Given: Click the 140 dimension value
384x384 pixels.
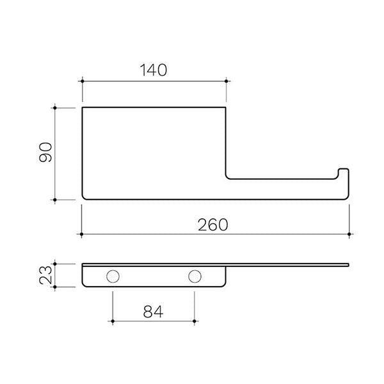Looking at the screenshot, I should tap(154, 70).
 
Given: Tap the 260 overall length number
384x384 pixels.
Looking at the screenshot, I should tap(215, 224).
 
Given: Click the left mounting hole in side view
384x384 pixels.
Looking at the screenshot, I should tap(113, 276).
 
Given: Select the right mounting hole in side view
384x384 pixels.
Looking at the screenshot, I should tap(194, 276).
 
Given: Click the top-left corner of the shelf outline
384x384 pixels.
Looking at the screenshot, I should tap(82, 107).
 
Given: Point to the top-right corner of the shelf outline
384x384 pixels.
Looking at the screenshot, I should tap(226, 107).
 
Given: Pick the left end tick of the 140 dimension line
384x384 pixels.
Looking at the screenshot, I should tap(82, 81).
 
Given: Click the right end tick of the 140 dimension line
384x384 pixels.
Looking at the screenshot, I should tap(226, 81).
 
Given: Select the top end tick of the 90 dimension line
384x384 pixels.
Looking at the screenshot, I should tap(56, 107).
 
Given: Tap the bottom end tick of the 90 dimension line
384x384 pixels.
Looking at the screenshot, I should tap(56, 200).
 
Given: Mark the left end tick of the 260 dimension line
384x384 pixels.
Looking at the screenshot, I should tap(82, 235).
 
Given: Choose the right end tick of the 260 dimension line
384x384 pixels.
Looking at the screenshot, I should tap(349, 235).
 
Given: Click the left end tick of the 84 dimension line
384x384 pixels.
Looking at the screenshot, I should tap(113, 320).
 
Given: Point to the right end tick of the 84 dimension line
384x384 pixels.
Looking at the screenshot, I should tap(194, 320).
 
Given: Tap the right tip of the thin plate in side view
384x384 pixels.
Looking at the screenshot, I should tap(349, 264).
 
